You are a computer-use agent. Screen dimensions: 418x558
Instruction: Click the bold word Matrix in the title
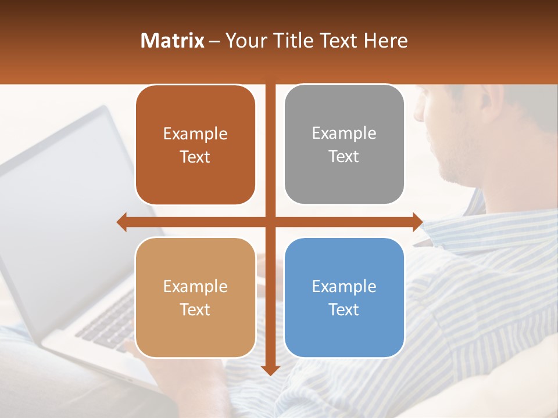[x=172, y=41]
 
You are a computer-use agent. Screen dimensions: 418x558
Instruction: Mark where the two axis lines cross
[x=270, y=222]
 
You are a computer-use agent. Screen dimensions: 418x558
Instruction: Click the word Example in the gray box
[x=344, y=133]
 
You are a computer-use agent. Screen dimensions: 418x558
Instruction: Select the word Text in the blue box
[x=344, y=309]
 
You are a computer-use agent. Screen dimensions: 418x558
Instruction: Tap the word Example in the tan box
[x=195, y=286]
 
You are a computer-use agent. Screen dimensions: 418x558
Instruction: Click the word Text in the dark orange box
[x=195, y=157]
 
